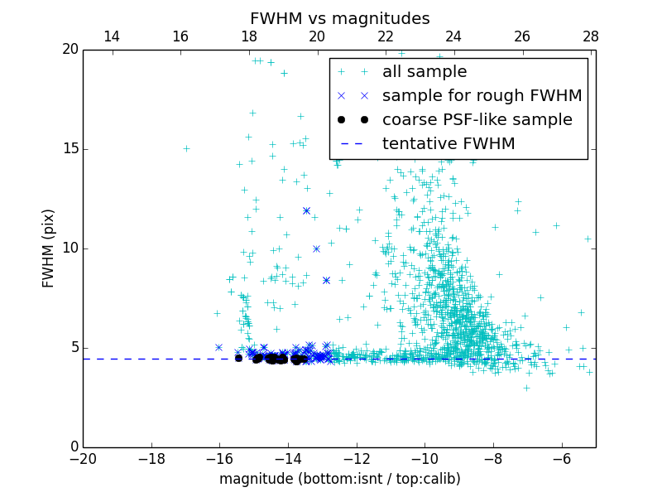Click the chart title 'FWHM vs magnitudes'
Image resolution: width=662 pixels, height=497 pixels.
coord(339,18)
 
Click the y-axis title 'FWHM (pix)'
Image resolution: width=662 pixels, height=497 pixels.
coord(49,248)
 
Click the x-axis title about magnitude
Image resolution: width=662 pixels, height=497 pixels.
coord(339,479)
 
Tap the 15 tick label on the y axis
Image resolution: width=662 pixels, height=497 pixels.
coord(70,149)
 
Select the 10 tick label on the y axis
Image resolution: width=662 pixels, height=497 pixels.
coord(70,248)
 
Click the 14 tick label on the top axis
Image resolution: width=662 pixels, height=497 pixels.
coord(111,36)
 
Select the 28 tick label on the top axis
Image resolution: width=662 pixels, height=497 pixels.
coord(590,36)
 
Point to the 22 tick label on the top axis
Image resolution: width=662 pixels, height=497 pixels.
coord(385,36)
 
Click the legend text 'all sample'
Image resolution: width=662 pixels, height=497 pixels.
coord(425,72)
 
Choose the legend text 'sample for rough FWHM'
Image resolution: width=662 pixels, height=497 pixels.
coord(482,96)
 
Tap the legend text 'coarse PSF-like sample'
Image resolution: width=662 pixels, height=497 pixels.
coord(477,120)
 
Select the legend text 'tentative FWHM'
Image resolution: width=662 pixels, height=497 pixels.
coord(449,144)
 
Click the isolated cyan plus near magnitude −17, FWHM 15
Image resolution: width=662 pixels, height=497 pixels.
coord(186,149)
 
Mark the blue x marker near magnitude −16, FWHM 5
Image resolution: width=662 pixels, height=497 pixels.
coord(218,347)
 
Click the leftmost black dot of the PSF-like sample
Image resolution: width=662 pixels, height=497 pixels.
coord(238,358)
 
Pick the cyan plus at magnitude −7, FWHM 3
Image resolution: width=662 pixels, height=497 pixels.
coord(526,388)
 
